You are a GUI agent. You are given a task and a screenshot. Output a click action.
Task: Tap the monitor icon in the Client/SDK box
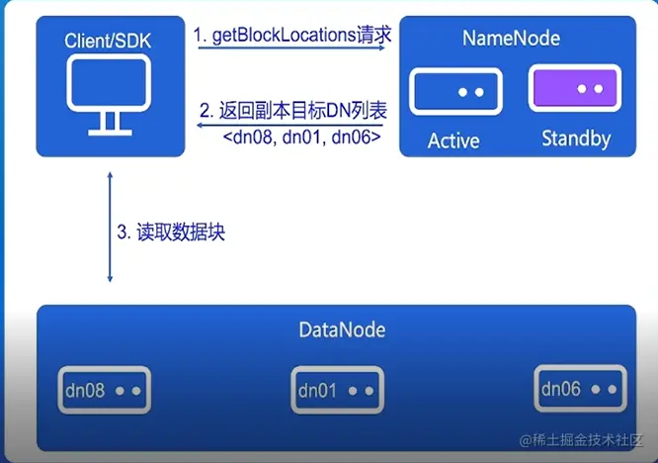point(109,90)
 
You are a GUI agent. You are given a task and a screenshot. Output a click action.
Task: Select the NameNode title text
point(511,39)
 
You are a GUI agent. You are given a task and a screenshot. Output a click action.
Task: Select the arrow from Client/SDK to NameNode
point(290,47)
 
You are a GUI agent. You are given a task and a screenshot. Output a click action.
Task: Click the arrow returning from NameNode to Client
point(290,125)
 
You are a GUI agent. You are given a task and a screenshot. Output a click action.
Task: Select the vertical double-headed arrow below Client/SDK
point(110,227)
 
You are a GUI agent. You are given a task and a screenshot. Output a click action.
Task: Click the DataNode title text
point(342,329)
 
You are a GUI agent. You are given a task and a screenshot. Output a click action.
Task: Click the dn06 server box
point(580,389)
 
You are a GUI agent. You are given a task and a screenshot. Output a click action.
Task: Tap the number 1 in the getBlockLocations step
point(199,36)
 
